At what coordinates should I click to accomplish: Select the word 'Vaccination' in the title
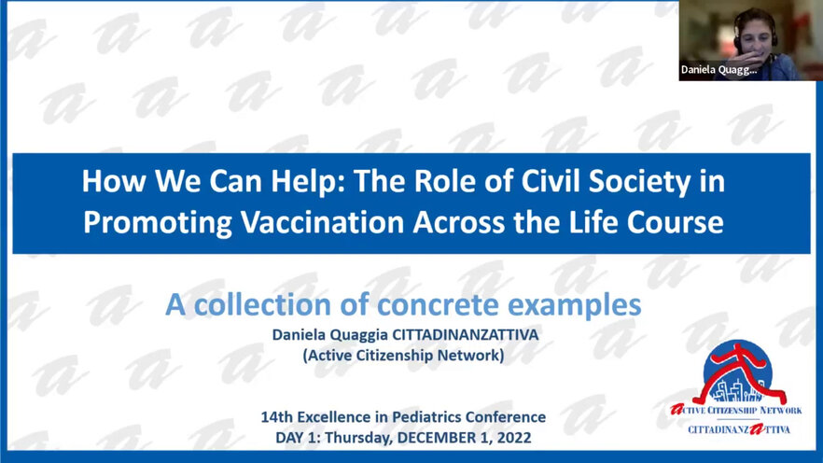tap(322, 222)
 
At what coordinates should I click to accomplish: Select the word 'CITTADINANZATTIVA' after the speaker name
tap(466, 335)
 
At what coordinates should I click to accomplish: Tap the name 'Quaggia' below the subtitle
tap(359, 335)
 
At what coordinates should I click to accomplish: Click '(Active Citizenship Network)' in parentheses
tap(403, 356)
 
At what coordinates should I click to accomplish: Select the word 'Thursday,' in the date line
tap(358, 438)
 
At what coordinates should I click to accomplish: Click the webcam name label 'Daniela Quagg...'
tap(718, 70)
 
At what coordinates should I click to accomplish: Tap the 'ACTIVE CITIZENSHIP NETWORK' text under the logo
tap(736, 411)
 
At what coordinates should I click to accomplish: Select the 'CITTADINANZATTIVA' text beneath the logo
tap(739, 429)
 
